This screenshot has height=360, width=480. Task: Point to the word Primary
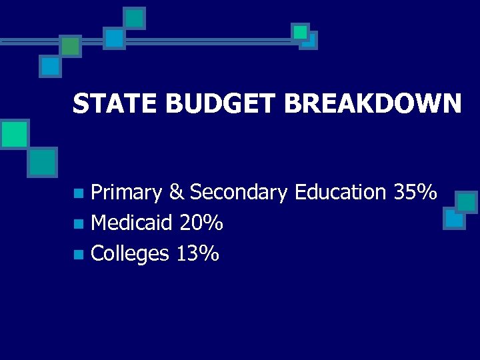[x=126, y=193]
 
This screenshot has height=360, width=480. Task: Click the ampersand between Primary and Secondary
[x=176, y=193]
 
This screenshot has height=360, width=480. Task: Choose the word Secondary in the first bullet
[x=239, y=193]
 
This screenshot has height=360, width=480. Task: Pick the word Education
[x=340, y=193]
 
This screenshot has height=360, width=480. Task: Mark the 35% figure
[x=415, y=193]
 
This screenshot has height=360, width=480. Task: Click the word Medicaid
[x=131, y=223]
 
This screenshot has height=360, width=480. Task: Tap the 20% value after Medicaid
[x=201, y=223]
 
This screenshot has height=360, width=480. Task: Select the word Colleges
[x=130, y=253]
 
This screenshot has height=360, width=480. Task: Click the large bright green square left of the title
[x=14, y=134]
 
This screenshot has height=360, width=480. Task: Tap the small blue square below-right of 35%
[x=454, y=218]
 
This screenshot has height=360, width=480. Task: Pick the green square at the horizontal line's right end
[x=301, y=32]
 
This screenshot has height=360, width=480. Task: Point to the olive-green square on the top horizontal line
[x=70, y=46]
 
